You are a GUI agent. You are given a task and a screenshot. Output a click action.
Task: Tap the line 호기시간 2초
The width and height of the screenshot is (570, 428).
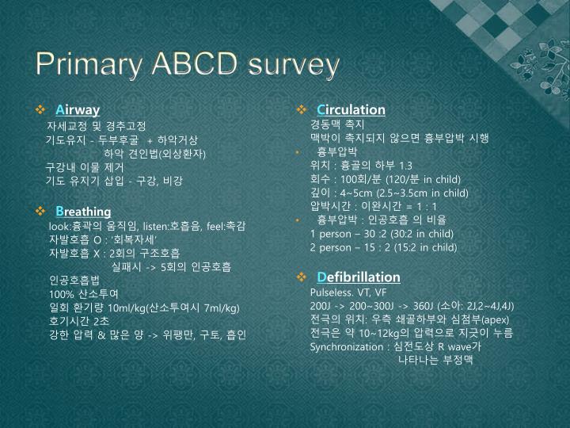pyautogui.click(x=78, y=320)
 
